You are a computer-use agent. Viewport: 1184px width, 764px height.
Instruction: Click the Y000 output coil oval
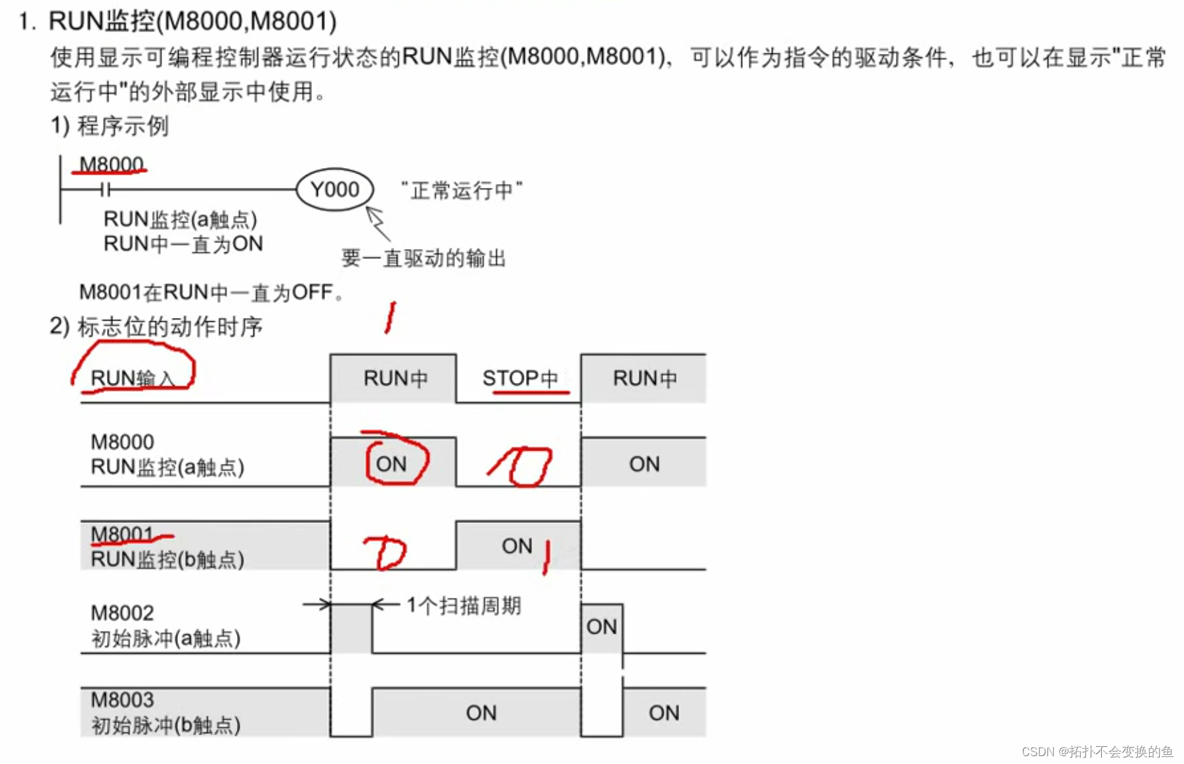(x=335, y=189)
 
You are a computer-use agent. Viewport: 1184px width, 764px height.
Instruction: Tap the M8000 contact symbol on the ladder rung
(x=106, y=190)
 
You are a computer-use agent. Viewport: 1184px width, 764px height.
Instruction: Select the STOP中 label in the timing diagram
(x=519, y=378)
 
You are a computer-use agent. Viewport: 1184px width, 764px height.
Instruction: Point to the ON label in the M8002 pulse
(x=602, y=627)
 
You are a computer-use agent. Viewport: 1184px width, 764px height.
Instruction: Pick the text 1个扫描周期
(x=464, y=605)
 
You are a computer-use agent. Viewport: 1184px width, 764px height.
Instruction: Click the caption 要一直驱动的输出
(x=424, y=258)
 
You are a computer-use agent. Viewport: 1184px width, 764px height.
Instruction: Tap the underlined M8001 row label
(x=122, y=534)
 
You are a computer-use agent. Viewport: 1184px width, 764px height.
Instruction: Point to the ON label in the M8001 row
(x=517, y=545)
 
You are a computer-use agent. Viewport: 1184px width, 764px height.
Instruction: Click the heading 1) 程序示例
(x=110, y=125)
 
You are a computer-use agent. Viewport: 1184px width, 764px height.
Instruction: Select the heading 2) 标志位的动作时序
(x=156, y=326)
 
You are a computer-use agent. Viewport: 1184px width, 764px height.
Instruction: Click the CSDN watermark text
(x=1097, y=752)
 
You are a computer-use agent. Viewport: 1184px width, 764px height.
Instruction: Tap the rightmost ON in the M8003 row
(x=664, y=713)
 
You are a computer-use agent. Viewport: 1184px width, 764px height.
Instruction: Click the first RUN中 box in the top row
(x=395, y=378)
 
